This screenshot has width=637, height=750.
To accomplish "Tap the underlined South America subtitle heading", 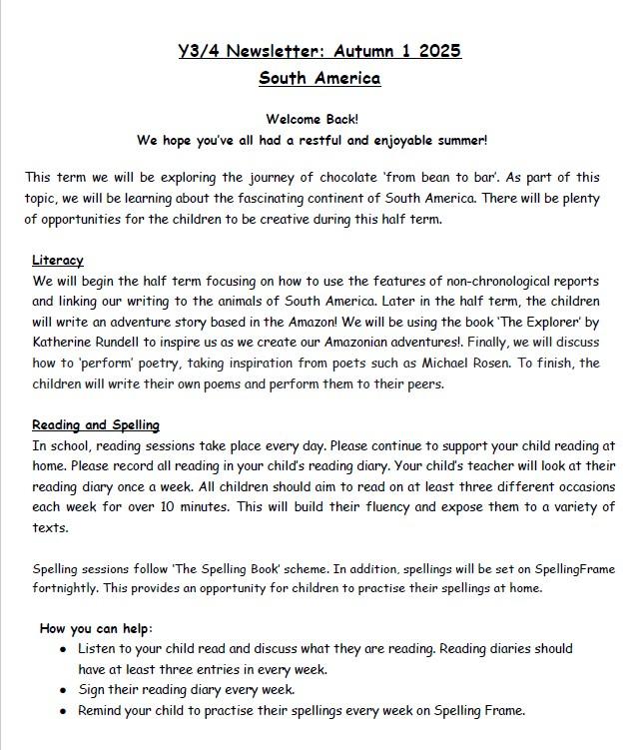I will (318, 78).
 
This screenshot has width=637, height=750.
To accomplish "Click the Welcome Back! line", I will (318, 118).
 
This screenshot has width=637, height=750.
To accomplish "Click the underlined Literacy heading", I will (57, 260).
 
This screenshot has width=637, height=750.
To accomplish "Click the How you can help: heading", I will (96, 628).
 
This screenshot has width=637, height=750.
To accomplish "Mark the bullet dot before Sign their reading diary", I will (64, 690).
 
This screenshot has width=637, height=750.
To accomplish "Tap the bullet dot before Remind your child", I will (64, 711).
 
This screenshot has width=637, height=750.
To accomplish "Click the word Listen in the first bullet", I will (100, 649).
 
